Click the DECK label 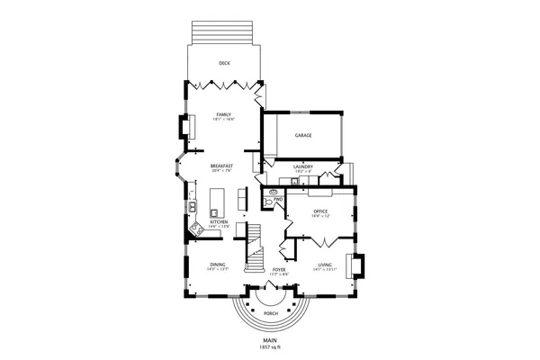tap(224, 63)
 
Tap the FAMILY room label tap(224, 114)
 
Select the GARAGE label tap(303, 135)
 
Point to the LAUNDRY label tap(302, 166)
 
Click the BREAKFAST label tap(222, 166)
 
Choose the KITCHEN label tap(219, 221)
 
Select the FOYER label tap(279, 269)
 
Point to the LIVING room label tap(324, 265)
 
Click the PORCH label tap(271, 313)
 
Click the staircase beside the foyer tap(257, 243)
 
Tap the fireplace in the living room tap(358, 267)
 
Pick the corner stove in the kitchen tap(195, 230)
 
